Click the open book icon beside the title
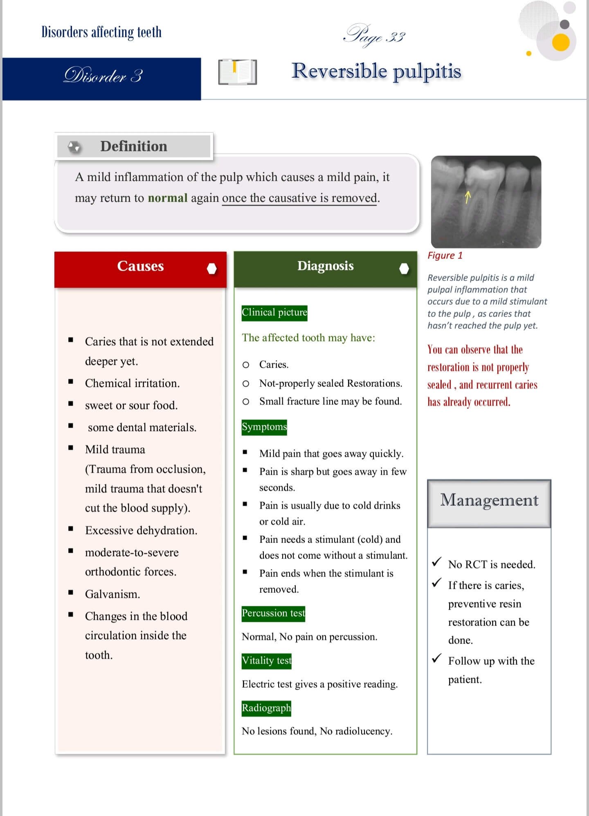[238, 72]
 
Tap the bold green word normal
[167, 198]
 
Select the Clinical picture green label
[274, 313]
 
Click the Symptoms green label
[264, 427]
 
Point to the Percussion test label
[273, 614]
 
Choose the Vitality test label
[266, 661]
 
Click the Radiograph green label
[266, 708]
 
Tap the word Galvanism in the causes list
[112, 594]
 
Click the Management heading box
[489, 503]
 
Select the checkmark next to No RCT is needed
[437, 562]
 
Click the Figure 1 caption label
[445, 256]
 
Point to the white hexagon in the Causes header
[212, 269]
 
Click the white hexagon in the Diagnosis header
[404, 269]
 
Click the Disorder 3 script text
[103, 76]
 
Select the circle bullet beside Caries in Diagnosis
[246, 365]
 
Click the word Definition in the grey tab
[134, 146]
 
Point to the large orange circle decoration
[561, 43]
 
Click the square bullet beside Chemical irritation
[71, 382]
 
